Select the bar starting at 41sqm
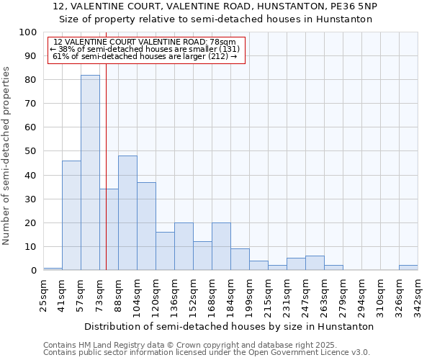click(71, 215)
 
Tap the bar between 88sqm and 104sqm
click(127, 213)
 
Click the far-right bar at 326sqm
click(408, 268)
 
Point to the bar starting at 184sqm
click(240, 259)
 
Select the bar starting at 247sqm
click(315, 263)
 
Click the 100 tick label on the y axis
click(28, 32)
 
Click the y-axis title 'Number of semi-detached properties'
click(7, 156)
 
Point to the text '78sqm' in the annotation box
click(222, 42)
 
